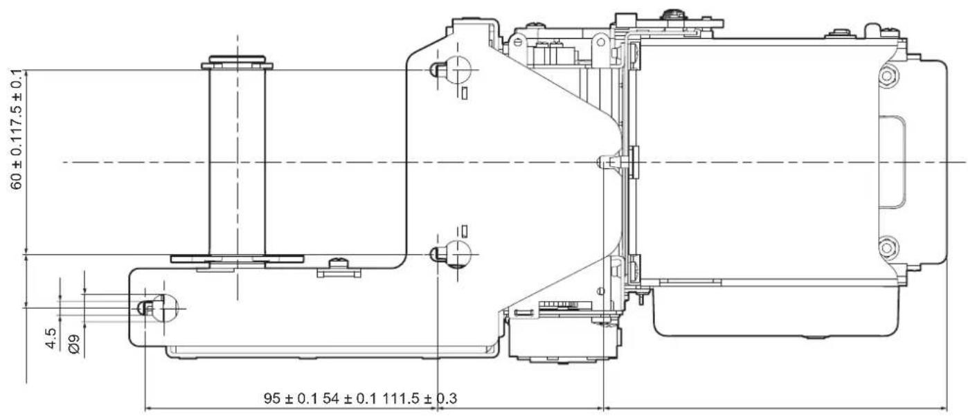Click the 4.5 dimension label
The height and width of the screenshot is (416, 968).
tap(51, 338)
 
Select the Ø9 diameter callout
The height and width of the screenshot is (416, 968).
tap(74, 344)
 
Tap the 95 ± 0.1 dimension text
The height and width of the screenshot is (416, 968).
tap(290, 398)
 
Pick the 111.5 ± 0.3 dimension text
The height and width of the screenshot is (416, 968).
tap(419, 398)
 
